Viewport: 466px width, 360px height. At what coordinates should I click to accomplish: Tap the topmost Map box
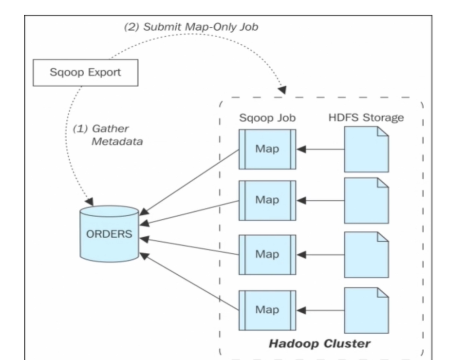point(267,149)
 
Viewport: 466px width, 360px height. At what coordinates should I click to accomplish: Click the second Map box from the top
point(267,200)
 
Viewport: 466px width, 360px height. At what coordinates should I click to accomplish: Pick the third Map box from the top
point(267,254)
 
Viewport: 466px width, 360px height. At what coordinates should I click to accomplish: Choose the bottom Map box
point(267,310)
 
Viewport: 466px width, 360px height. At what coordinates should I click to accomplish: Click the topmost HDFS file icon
point(366,149)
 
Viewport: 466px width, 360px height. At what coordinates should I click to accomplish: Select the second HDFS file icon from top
point(366,200)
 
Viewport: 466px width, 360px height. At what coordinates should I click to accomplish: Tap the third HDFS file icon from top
point(366,254)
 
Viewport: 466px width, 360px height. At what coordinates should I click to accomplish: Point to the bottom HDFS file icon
point(366,310)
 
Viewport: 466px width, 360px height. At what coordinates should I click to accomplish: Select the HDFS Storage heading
point(366,118)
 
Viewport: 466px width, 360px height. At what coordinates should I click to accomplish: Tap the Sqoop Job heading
point(267,118)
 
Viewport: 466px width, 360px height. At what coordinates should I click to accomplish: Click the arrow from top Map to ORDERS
point(190,182)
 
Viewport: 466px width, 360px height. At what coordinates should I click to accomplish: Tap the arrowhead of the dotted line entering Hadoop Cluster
point(282,90)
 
